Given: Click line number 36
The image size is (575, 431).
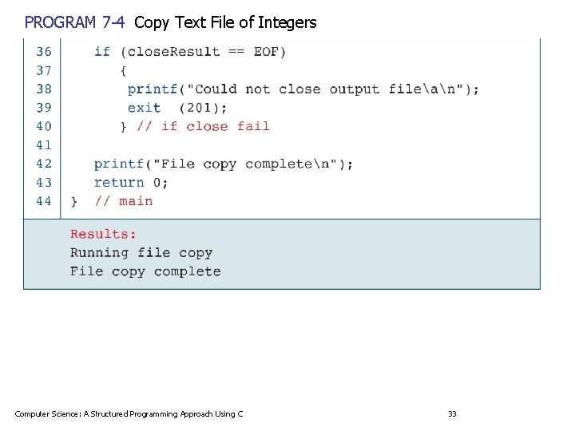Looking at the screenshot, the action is (x=44, y=52).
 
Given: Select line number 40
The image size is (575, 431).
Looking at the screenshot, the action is (x=44, y=126).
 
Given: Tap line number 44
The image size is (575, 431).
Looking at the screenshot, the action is (x=44, y=201).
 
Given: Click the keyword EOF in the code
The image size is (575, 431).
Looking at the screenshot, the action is (x=266, y=52).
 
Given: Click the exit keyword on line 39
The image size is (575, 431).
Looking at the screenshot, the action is (x=144, y=108).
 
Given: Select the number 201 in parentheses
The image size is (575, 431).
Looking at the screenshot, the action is (x=203, y=108).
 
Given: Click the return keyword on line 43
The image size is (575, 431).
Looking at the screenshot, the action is (x=119, y=182).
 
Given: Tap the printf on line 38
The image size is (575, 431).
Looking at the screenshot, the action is (x=153, y=89).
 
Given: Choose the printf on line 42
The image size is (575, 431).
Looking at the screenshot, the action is (x=119, y=164).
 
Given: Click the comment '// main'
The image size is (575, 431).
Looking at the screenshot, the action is (x=124, y=201).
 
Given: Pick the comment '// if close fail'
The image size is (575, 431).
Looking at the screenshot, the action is (x=203, y=126).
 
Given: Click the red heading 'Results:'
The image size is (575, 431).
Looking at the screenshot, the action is (x=103, y=234).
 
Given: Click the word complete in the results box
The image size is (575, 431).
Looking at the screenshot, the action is (x=187, y=271).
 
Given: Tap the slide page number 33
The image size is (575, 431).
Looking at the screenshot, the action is (x=452, y=413).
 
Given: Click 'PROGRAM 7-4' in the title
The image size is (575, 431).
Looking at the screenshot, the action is (x=74, y=22).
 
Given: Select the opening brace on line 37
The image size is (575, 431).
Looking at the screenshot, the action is (x=124, y=70).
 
